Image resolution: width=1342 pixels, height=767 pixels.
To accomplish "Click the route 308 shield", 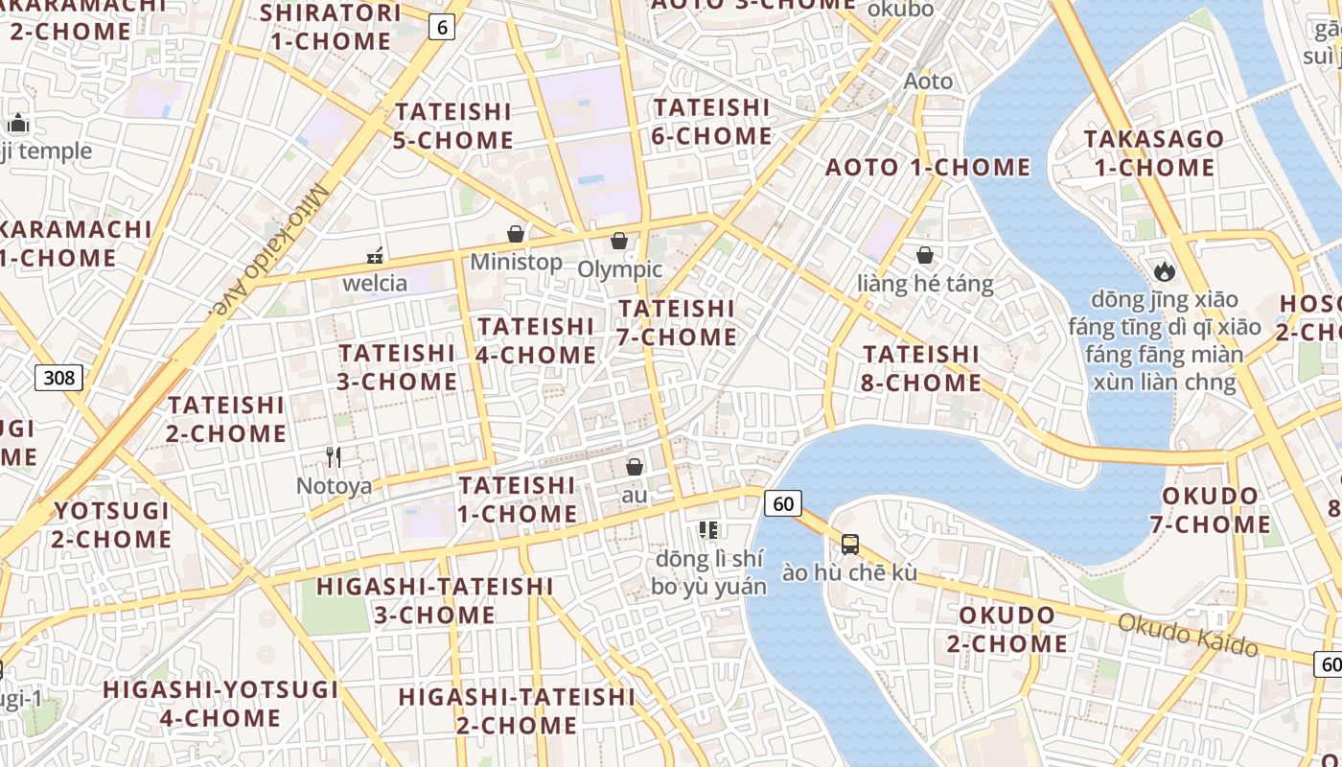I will coord(58,378).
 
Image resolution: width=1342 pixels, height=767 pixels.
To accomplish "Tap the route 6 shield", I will coord(441,28).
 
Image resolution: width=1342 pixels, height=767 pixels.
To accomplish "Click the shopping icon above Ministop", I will coord(516,234).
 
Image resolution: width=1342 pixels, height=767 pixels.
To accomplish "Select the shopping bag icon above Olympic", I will coord(619,240).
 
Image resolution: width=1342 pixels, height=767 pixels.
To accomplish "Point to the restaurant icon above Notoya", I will coord(334,456).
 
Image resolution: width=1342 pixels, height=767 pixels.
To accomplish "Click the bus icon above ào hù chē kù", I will coord(849,545).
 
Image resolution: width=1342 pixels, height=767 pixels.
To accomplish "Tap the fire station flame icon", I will coord(1165,271).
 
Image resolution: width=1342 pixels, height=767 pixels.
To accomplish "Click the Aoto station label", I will coord(928,81).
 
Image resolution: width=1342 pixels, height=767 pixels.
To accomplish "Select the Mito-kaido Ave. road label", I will coord(270,251).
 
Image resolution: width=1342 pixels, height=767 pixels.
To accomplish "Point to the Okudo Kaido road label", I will coord(1188,635).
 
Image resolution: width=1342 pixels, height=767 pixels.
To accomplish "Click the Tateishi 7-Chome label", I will coord(677,323).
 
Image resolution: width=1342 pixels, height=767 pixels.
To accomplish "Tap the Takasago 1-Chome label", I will coord(1153,153).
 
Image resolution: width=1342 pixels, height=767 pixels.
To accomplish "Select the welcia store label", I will coord(375,283).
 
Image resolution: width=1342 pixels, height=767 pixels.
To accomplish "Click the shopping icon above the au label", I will coord(634,467).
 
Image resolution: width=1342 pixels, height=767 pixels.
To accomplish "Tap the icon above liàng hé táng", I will coord(925,255).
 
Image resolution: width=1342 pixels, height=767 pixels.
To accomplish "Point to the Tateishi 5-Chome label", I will coord(453,126).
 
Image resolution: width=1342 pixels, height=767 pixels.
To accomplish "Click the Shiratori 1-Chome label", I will coord(330,27).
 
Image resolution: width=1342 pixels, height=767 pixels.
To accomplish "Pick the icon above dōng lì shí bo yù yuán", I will coord(708,529).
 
